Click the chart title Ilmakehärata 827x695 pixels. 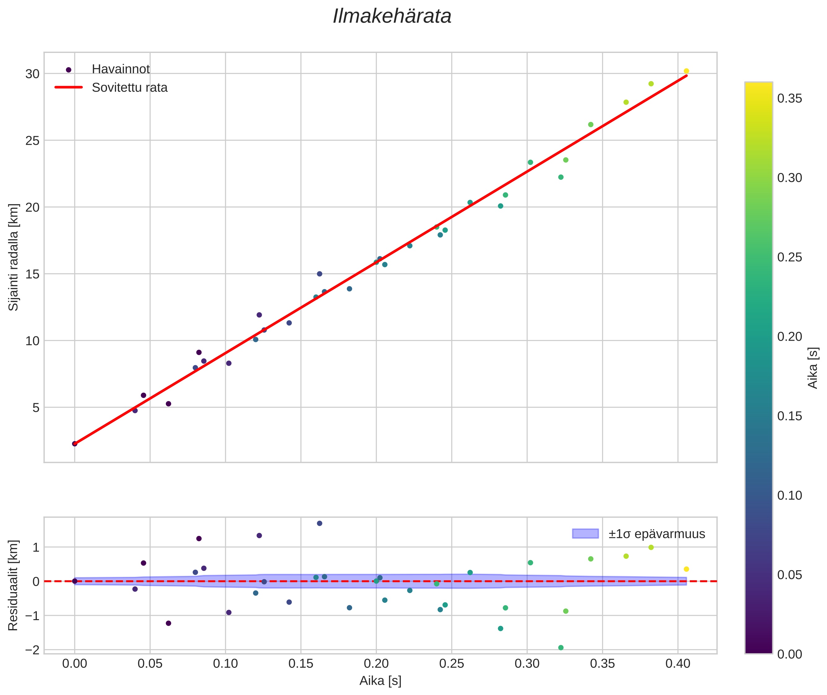point(392,16)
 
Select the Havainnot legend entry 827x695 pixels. point(121,69)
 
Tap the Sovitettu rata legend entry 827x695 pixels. point(129,88)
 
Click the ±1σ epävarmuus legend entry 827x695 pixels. point(657,534)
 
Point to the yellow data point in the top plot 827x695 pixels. point(686,71)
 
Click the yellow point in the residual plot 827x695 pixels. point(686,569)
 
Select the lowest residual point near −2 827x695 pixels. point(561,647)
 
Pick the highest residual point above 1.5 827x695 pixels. point(320,523)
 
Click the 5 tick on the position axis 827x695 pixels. point(36,408)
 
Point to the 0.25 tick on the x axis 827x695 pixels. point(451,664)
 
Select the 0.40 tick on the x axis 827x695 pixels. point(678,664)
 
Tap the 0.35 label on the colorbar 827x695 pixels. point(790,98)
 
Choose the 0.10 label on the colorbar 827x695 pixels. point(790,495)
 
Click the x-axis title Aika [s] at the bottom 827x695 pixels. point(380,681)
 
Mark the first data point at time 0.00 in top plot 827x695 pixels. point(75,444)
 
